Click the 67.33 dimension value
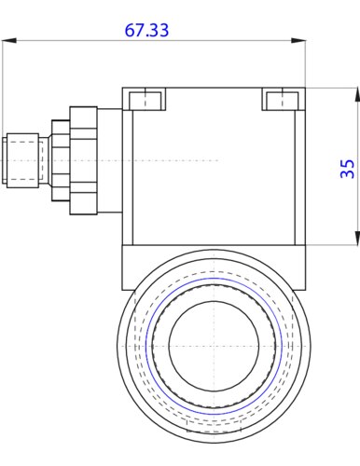[146, 30]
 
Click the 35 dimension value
[347, 169]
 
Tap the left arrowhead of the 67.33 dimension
[8, 41]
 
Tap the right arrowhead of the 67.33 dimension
[298, 41]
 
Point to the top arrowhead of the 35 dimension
[357, 95]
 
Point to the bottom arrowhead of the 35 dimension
[357, 238]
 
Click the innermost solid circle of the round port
[215, 346]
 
